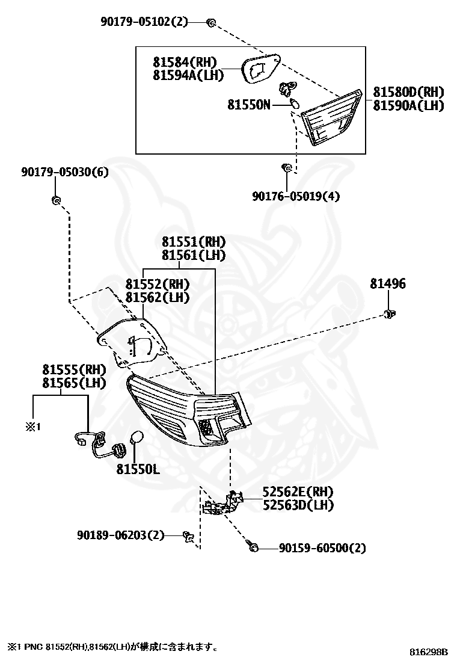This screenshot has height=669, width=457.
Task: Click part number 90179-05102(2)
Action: tap(144, 21)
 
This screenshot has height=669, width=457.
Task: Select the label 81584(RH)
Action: tap(185, 63)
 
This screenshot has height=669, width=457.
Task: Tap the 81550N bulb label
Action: tap(248, 105)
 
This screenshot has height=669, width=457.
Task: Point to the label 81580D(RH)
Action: tap(408, 91)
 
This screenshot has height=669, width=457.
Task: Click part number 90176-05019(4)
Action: tap(296, 196)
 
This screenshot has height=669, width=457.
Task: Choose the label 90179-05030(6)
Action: tap(65, 172)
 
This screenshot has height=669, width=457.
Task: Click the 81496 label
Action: tap(388, 284)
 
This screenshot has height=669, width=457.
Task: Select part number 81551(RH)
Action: tap(194, 242)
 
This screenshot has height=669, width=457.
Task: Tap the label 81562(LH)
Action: tap(158, 297)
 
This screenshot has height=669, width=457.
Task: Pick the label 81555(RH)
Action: tap(74, 369)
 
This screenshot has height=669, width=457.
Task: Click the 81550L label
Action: tap(138, 469)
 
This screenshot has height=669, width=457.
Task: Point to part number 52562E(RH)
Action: tap(298, 492)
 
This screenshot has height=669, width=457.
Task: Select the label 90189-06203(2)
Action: tap(121, 535)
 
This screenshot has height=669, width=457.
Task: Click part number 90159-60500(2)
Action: tap(322, 547)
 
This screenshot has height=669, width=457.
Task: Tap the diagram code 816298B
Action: tap(429, 652)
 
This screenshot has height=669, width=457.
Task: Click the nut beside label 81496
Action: tap(389, 315)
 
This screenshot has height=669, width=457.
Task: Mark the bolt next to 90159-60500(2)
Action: tap(253, 546)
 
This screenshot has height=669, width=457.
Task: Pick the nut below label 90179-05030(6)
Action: tap(56, 199)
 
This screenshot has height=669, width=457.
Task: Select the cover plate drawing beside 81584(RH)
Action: tap(260, 69)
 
